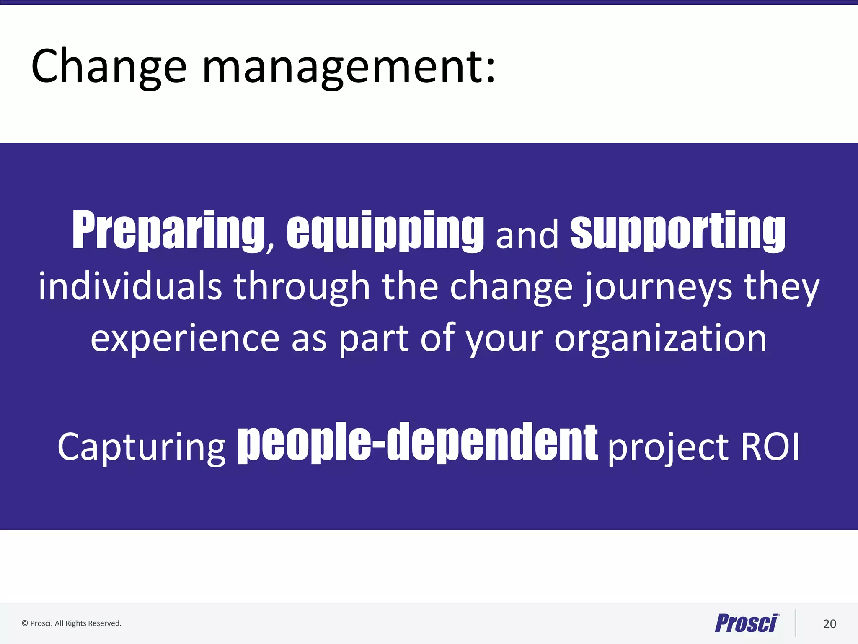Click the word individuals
(130, 287)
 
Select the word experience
(185, 338)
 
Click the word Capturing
(142, 447)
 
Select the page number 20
(830, 624)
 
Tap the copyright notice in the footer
(71, 623)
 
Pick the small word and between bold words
(527, 235)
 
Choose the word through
(302, 287)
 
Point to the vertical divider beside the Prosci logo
(796, 623)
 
